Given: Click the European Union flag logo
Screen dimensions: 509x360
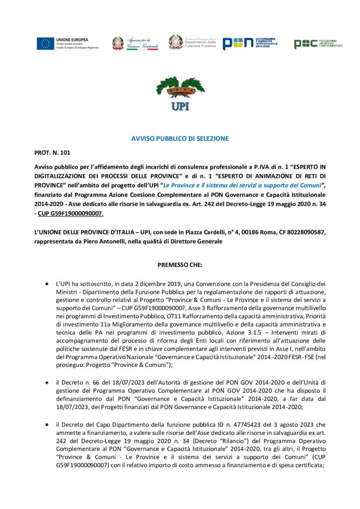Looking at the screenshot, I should (45, 44).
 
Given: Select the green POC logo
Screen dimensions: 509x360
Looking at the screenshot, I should (318, 44).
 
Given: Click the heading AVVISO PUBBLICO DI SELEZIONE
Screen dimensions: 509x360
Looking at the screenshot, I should (180, 138).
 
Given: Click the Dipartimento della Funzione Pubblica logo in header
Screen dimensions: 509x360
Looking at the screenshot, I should (191, 44).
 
